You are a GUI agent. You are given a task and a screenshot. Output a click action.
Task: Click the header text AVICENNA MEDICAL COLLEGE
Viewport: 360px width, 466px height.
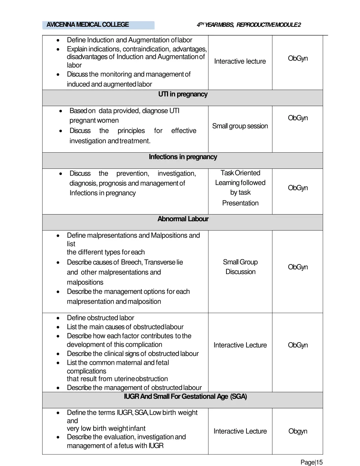click(88, 25)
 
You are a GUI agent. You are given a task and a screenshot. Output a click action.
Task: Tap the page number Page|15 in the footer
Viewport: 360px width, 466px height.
click(311, 462)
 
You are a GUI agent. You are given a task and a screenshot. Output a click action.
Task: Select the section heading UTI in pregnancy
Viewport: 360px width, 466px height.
click(183, 94)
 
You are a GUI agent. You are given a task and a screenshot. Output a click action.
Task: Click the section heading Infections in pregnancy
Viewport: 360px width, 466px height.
click(183, 157)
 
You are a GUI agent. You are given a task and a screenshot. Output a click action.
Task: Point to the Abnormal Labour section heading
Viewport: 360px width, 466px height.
click(183, 219)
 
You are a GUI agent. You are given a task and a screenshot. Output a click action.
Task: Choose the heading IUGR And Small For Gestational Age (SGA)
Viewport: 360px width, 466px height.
click(185, 397)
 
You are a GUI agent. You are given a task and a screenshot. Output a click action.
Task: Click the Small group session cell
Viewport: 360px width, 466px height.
click(240, 126)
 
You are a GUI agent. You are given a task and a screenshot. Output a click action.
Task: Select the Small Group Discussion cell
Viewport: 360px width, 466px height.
click(240, 267)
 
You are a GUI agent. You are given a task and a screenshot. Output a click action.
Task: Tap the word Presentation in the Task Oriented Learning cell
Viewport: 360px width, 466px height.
click(240, 203)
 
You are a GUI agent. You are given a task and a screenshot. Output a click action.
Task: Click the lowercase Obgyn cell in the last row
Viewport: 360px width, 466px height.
click(298, 431)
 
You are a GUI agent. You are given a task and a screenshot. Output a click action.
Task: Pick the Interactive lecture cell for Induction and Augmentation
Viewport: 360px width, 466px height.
click(240, 62)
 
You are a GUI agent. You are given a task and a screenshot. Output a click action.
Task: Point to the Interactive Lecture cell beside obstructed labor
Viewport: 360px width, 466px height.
click(240, 345)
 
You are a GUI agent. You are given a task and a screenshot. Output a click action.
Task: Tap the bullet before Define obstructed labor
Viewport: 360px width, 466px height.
click(58, 318)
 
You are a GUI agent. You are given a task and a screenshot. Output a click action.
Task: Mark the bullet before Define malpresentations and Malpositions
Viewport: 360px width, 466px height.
click(58, 236)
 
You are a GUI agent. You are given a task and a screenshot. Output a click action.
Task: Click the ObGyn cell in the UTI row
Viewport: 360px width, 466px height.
click(298, 118)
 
